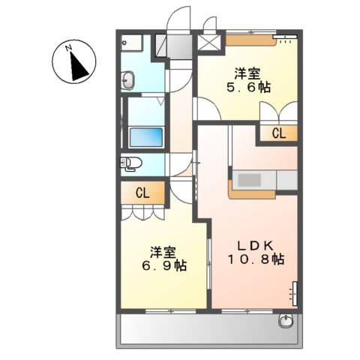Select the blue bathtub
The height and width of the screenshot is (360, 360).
146,137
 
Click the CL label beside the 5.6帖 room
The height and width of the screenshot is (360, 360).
278,134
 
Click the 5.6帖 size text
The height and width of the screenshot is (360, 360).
247,87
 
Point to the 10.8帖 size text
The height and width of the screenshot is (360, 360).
256,259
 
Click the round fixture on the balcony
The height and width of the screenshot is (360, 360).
286,322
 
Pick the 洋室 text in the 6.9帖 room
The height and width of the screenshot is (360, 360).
161,250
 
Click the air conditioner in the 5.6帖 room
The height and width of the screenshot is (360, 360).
284,38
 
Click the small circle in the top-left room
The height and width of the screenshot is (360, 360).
125,43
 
